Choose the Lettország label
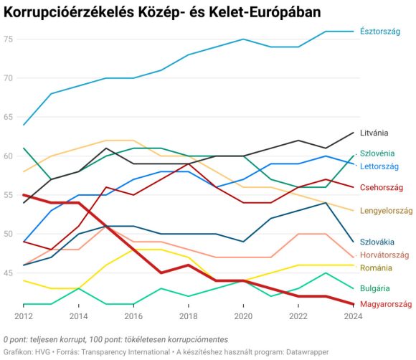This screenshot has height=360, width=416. (379, 166)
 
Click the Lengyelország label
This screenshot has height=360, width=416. (386, 211)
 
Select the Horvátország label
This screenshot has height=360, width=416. (384, 255)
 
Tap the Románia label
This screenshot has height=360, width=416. (376, 267)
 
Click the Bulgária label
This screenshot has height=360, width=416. (375, 288)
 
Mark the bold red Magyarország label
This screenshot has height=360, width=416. (385, 304)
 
